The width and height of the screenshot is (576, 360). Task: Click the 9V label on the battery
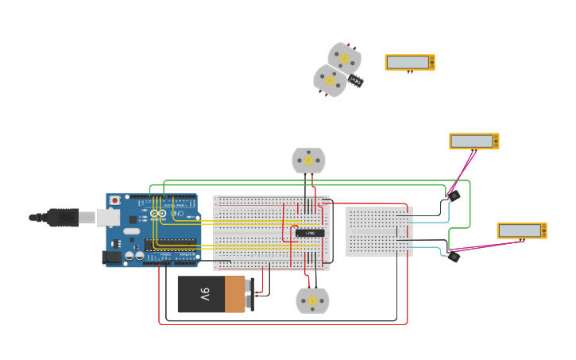204,295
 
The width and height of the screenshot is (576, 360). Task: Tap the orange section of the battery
235,295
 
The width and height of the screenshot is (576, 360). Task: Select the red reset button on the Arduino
115,200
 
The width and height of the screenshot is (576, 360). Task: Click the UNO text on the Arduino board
176,214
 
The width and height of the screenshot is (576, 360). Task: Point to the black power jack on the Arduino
111,257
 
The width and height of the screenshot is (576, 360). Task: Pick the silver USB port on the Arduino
108,217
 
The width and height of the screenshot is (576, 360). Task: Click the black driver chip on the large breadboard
310,233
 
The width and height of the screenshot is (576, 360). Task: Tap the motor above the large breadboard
308,161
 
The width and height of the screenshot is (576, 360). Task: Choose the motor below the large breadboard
312,301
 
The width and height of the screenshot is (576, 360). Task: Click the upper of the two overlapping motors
345,58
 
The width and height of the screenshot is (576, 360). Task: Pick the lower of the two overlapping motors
329,80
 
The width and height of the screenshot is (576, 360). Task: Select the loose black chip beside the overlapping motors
356,80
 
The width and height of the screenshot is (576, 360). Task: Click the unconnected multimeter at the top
410,62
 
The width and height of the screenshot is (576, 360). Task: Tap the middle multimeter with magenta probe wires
474,141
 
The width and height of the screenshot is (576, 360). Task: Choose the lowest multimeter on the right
521,230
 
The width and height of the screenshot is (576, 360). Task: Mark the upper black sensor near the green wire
454,195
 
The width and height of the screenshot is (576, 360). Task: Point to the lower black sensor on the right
454,256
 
